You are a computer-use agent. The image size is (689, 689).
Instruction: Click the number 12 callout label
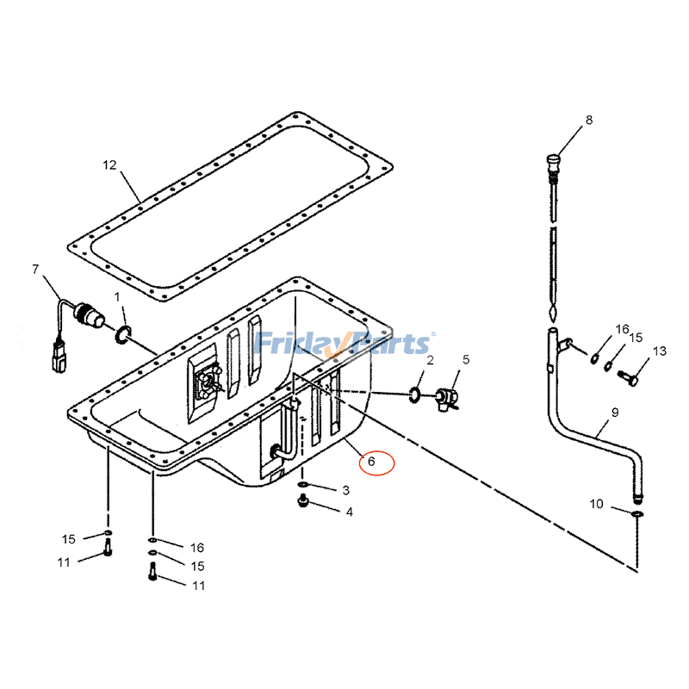coord(109,164)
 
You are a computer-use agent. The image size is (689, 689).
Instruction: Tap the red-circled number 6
coord(370,462)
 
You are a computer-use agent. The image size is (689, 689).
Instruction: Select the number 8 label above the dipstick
coord(589,121)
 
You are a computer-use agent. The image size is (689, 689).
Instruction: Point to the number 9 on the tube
coord(615,413)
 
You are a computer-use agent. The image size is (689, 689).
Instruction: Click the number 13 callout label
coord(659,351)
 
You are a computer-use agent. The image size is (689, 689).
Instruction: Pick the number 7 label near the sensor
coord(35,269)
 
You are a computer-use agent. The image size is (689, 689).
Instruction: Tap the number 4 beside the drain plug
coord(349,512)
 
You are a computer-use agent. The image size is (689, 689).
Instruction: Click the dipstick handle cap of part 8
coord(553,161)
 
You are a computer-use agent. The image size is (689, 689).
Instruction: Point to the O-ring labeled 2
coord(414,394)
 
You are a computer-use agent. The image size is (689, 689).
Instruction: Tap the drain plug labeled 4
coord(303,501)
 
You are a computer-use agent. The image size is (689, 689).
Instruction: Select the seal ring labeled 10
coord(636,514)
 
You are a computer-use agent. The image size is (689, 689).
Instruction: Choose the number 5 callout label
coord(466,359)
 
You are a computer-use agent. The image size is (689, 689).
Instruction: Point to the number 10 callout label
coord(596,504)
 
